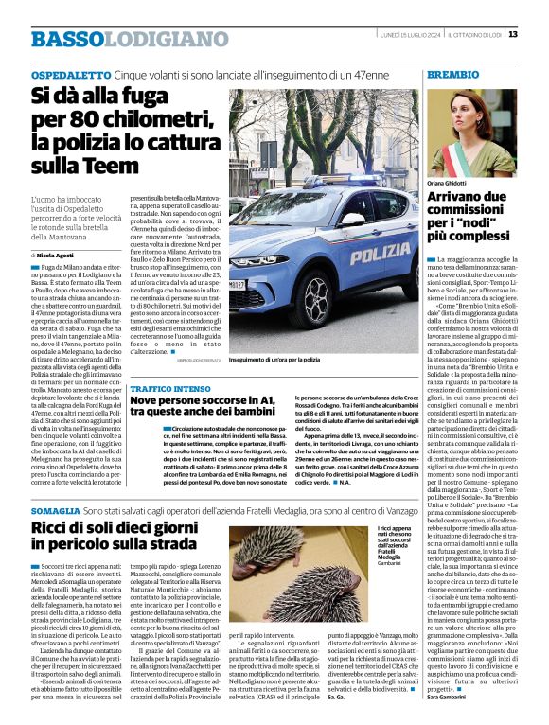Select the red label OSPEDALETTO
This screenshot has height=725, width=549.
point(70,74)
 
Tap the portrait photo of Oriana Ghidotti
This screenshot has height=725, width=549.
point(471,133)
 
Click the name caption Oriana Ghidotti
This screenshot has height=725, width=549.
point(448,182)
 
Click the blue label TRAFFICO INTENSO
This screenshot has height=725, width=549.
point(170,389)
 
